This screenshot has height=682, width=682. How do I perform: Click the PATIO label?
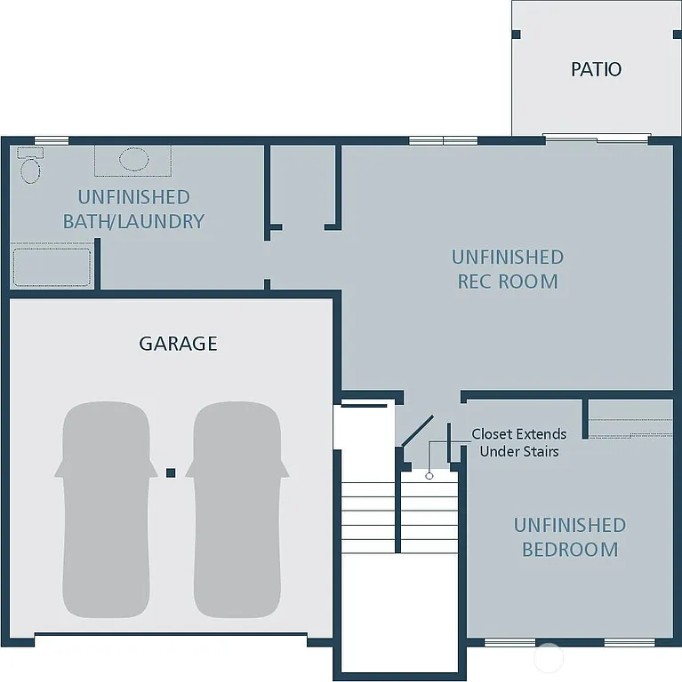596,69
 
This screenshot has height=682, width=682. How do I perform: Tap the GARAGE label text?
178,344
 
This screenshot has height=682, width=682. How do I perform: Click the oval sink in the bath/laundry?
133,160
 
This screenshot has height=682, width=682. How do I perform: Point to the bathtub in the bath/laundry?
52,266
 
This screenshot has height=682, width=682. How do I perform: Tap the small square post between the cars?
171,472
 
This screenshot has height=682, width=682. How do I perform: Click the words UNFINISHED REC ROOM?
507,269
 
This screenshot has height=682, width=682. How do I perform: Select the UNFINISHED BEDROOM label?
569,537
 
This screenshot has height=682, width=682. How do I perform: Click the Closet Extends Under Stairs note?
518,442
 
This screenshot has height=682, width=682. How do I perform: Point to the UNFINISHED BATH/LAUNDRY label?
133,210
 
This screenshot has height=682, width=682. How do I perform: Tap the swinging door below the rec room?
416,432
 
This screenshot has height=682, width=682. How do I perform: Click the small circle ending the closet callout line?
429,476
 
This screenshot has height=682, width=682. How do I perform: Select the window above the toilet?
51,140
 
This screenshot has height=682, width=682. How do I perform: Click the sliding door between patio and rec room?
597,139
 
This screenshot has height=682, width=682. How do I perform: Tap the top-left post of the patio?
517,35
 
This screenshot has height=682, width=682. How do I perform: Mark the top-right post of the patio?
677,35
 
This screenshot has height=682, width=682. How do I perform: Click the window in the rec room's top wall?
443,140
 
